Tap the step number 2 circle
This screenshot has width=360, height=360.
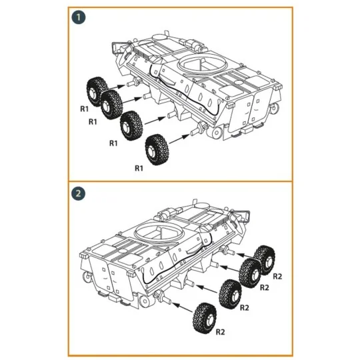tap(79, 194)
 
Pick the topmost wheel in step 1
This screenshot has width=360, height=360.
tap(97, 90)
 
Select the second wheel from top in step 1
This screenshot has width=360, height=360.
tap(111, 103)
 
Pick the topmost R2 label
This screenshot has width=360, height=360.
tap(279, 275)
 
